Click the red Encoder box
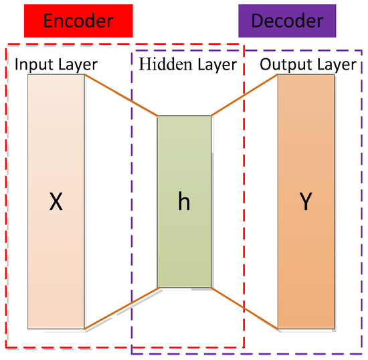pyautogui.click(x=78, y=21)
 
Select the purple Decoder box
pyautogui.click(x=286, y=21)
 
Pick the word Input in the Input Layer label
pyautogui.click(x=35, y=65)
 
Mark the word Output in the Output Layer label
pyautogui.click(x=280, y=65)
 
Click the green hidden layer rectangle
pyautogui.click(x=184, y=167)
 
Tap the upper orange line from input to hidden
pyautogui.click(x=121, y=95)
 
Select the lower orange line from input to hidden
pyautogui.click(x=121, y=308)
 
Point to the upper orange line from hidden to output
pyautogui.click(x=244, y=95)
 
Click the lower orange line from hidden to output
pyautogui.click(x=244, y=308)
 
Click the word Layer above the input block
pyautogui.click(x=79, y=65)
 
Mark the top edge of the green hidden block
pyautogui.click(x=184, y=116)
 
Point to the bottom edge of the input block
pyautogui.click(x=56, y=328)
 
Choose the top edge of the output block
pyautogui.click(x=306, y=75)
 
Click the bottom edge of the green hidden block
pyautogui.click(x=184, y=287)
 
